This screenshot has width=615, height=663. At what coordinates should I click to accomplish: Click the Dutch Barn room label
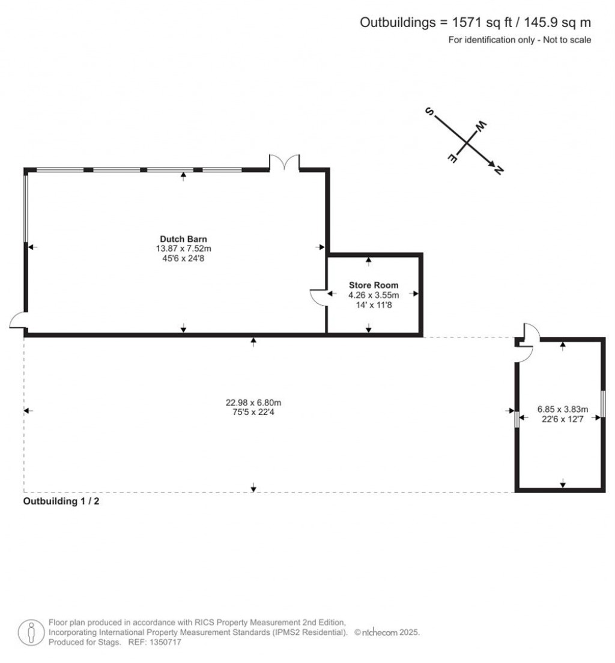point(183,239)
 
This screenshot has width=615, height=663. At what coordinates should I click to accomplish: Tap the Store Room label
point(374,285)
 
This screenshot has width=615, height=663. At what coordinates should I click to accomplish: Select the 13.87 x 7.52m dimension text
point(183,249)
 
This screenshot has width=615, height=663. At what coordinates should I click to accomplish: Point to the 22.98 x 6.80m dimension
point(253,402)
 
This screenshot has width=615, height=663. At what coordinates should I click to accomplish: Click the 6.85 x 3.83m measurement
point(563,410)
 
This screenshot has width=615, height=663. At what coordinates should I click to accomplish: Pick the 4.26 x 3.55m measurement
point(374,295)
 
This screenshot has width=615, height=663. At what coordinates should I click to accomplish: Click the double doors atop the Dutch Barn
point(285,163)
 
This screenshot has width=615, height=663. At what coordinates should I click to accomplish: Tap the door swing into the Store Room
point(318,297)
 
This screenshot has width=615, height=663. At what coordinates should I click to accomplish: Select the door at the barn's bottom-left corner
point(18,320)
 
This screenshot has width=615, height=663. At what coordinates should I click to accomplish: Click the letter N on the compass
point(498,170)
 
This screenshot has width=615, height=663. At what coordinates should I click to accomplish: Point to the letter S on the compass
point(429,112)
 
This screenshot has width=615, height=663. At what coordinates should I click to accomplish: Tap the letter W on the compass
point(481,126)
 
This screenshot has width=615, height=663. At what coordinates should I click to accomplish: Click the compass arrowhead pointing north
point(491,164)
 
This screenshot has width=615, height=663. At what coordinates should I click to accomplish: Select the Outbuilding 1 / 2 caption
point(61,501)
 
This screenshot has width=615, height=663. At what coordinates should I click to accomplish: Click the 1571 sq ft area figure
point(482,22)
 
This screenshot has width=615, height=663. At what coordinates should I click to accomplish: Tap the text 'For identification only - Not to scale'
point(520,40)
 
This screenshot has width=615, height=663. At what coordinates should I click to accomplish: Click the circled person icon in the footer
point(31,632)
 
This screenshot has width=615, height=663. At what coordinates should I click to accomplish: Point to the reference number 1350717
point(166,643)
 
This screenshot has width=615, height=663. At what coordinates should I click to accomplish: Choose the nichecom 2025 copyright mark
point(387,632)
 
